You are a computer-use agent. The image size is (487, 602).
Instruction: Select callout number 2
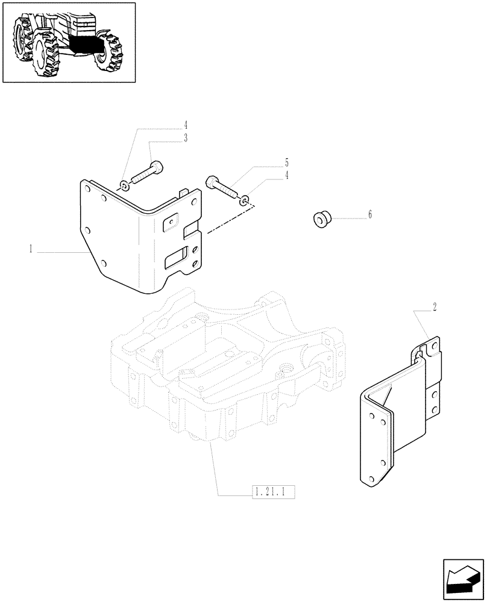point(434,307)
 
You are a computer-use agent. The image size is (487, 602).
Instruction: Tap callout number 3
point(186,138)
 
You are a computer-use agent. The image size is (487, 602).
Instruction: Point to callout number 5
point(287,163)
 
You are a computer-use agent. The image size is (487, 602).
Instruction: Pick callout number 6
point(370,214)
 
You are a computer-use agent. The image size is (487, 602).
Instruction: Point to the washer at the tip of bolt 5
point(243,200)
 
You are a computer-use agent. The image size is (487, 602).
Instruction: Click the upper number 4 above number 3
point(186,125)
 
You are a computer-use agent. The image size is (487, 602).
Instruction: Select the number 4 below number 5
point(287,175)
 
